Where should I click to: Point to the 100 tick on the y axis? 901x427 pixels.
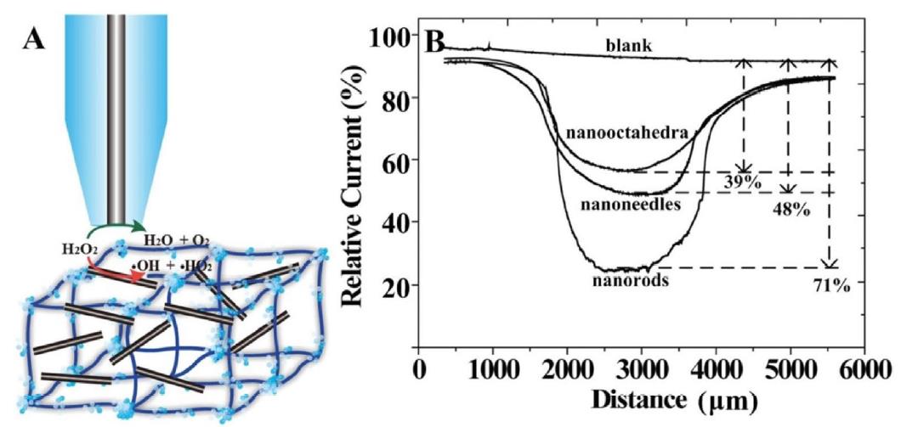[x=392, y=36]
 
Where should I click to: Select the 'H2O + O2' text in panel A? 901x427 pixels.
[x=177, y=240]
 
